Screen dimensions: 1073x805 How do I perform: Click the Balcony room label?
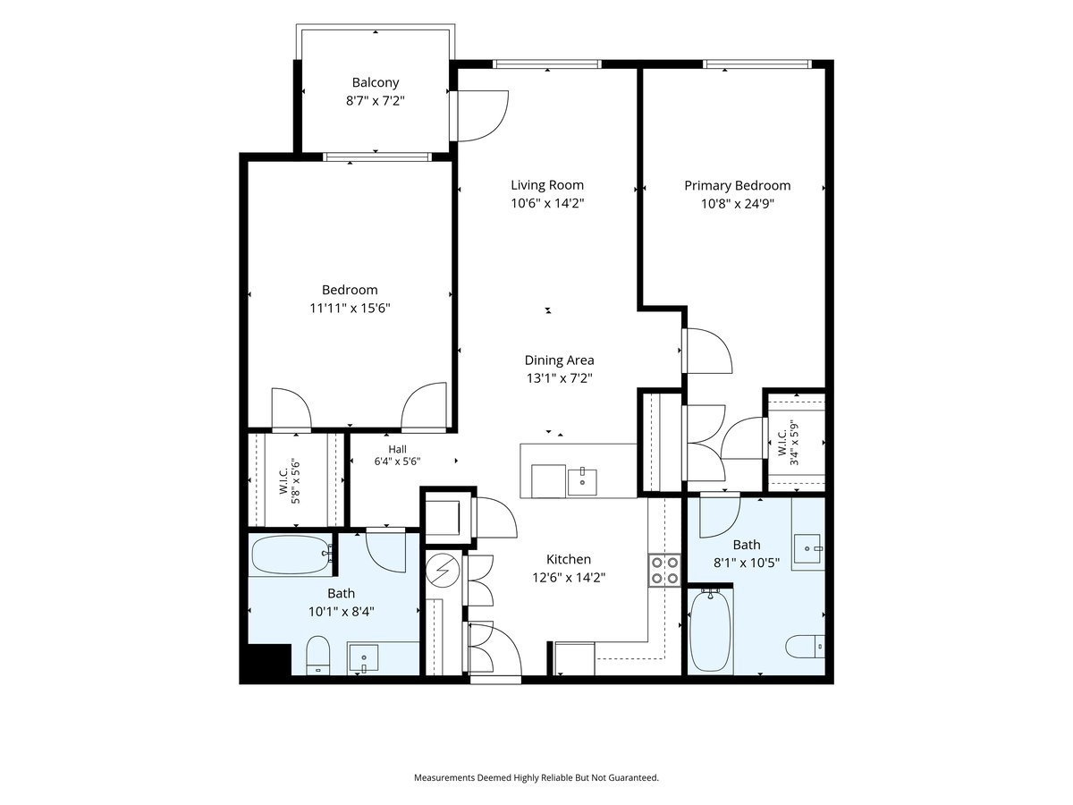[x=375, y=82]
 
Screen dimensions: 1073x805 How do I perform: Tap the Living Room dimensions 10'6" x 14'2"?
[x=547, y=203]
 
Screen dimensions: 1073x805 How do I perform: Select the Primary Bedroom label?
[x=737, y=186]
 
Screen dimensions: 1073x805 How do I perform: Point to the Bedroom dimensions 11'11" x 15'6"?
[x=350, y=308]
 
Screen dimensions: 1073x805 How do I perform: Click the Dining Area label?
[x=559, y=360]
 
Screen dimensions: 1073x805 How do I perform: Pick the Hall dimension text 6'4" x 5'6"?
[x=397, y=461]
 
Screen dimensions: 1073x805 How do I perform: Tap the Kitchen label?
[x=569, y=559]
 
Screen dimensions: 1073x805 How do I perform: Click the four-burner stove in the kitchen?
[x=664, y=570]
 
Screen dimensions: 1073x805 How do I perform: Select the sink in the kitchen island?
[x=582, y=482]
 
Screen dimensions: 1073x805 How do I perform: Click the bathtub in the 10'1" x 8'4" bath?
[x=291, y=555]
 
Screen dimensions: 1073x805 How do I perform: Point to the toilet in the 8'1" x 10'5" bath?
[x=805, y=647]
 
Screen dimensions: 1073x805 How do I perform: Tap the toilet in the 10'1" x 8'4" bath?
[x=317, y=656]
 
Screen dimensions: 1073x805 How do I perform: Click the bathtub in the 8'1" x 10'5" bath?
[x=710, y=631]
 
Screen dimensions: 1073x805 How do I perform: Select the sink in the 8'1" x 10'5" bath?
[x=808, y=549]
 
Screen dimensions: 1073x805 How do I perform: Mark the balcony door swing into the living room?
[x=482, y=116]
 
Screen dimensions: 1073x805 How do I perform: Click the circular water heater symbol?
[x=443, y=570]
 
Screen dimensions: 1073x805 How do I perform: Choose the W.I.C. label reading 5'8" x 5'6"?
[x=289, y=483]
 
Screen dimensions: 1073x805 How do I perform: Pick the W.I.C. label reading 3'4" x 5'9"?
[x=789, y=443]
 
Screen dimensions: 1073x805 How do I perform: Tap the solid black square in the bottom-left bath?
[x=266, y=660]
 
